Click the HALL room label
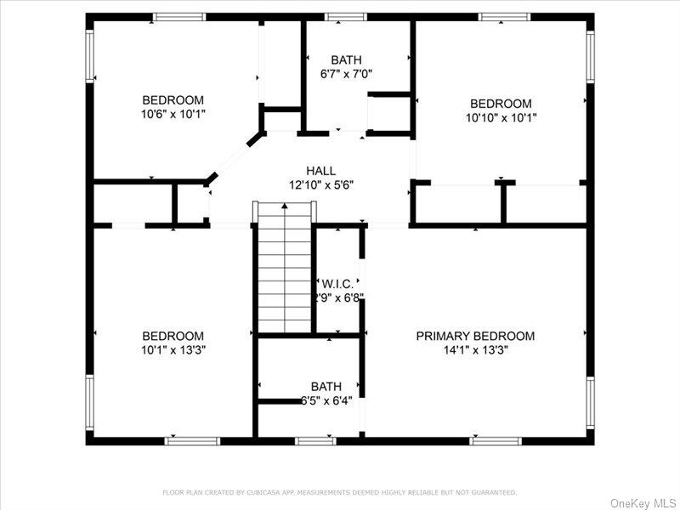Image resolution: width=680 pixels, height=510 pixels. coord(321,171)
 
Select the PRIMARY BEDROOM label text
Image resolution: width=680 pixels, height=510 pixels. coord(475,336)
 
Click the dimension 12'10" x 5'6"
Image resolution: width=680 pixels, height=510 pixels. coord(321,184)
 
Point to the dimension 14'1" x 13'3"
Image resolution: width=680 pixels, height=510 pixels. coord(475,349)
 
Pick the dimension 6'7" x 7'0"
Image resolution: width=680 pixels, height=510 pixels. coord(346,73)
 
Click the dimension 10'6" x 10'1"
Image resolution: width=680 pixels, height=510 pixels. coord(173,112)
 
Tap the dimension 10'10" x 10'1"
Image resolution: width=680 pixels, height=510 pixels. coord(501,117)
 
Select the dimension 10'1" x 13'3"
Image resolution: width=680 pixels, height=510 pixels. coord(173,349)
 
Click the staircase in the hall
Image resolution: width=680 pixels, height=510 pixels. coord(285,268)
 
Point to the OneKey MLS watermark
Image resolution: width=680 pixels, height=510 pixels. coord(643,503)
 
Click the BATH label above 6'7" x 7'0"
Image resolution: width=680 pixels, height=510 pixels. coord(346,59)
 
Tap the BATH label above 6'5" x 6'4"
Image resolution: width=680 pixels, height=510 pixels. coord(326,386)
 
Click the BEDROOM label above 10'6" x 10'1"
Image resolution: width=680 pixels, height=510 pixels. coord(173,99)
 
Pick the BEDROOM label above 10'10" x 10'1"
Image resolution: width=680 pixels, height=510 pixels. coord(501,104)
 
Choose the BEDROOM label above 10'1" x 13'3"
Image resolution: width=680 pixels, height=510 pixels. coord(173,336)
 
